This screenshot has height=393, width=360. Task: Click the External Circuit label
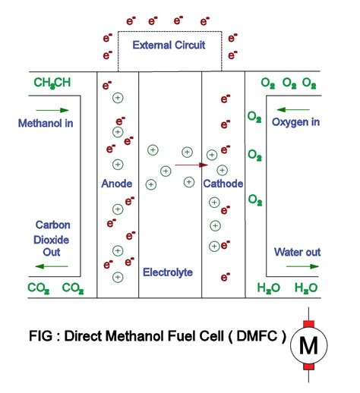[x=169, y=46]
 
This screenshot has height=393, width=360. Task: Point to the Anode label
[x=117, y=184]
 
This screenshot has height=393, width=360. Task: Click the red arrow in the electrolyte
[x=191, y=164]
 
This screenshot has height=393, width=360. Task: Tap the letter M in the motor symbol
[x=308, y=346]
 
